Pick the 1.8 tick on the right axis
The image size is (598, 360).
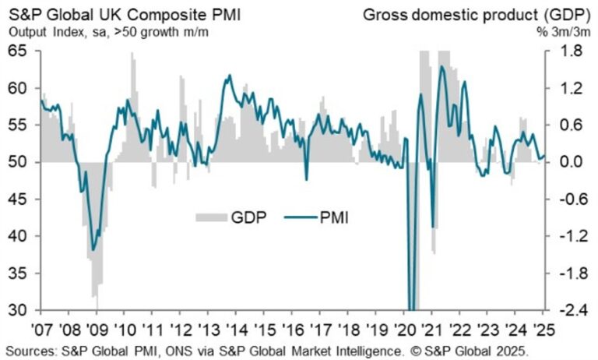[558, 51]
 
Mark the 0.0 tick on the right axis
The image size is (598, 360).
[558, 162]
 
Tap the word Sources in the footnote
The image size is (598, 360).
[32, 349]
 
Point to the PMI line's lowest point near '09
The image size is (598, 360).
[93, 250]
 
